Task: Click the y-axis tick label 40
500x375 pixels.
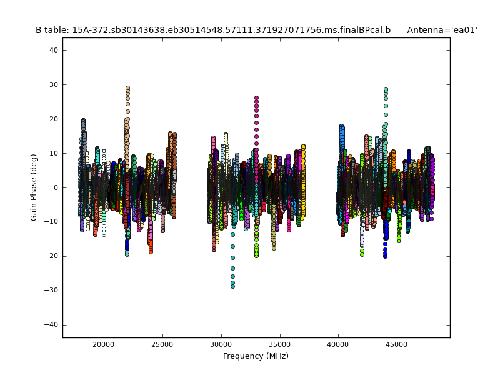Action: [x=54, y=50]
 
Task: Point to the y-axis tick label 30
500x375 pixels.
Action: [x=54, y=84]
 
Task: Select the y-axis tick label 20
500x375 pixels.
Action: [x=54, y=119]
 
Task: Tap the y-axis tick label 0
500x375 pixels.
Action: [x=56, y=187]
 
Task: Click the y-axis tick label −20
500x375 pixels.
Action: [x=52, y=256]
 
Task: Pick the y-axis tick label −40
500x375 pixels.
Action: [x=52, y=325]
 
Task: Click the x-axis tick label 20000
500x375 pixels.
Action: [x=104, y=344]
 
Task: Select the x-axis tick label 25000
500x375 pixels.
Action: [x=162, y=344]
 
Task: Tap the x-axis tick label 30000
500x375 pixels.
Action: [x=221, y=344]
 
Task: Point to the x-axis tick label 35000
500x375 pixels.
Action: [x=279, y=344]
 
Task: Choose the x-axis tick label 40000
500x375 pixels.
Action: [x=338, y=344]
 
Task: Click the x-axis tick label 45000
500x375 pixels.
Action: [x=397, y=344]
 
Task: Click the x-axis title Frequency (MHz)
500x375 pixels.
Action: [x=256, y=356]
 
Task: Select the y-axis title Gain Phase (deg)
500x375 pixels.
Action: [x=34, y=187]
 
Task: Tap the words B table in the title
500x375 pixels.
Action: [x=51, y=30]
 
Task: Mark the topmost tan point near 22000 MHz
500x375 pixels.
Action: [x=127, y=88]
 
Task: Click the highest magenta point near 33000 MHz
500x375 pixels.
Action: [x=256, y=98]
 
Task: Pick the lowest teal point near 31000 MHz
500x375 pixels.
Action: [x=232, y=286]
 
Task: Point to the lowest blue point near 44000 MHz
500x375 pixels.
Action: [x=385, y=256]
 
